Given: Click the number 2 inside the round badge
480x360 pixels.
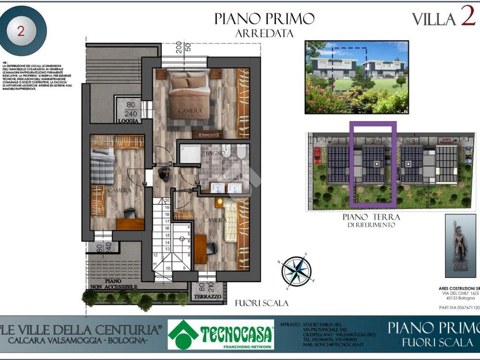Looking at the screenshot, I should [x=21, y=31].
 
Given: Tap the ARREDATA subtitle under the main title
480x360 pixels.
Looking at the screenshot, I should [x=264, y=34].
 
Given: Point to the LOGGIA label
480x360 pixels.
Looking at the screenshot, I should [x=128, y=120].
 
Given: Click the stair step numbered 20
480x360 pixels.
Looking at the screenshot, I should [x=166, y=200].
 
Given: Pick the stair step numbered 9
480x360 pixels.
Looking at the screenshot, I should [x=184, y=268].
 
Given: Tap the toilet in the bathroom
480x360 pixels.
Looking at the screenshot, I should [x=241, y=151].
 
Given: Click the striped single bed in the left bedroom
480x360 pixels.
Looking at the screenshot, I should [x=102, y=166].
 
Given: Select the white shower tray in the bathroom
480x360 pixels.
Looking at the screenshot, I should [x=190, y=153].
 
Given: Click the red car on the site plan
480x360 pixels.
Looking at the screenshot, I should [x=317, y=154].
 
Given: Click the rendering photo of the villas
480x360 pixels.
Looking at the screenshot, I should [x=356, y=77].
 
